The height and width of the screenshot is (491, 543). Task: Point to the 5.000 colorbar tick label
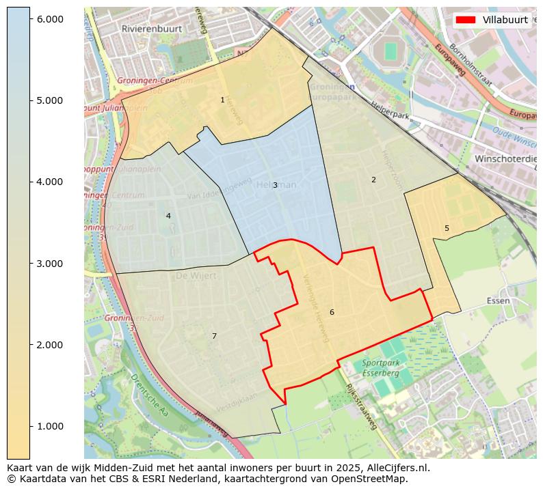point(49,100)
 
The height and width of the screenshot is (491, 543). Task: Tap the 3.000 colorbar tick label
point(49,264)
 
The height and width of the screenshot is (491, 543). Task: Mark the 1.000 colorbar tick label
point(49,426)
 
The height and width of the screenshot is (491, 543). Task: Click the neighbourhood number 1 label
point(222,100)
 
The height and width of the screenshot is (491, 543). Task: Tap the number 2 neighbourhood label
point(373,180)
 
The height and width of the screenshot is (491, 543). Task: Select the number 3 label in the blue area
point(275,185)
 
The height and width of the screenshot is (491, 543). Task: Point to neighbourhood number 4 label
point(168,216)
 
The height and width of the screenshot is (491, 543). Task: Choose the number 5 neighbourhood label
point(447,228)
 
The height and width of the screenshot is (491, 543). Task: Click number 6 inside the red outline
point(332,312)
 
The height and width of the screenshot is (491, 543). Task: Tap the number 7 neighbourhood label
point(214,336)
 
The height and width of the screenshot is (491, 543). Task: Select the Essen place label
point(499,300)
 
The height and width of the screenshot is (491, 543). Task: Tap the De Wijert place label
point(196,276)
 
